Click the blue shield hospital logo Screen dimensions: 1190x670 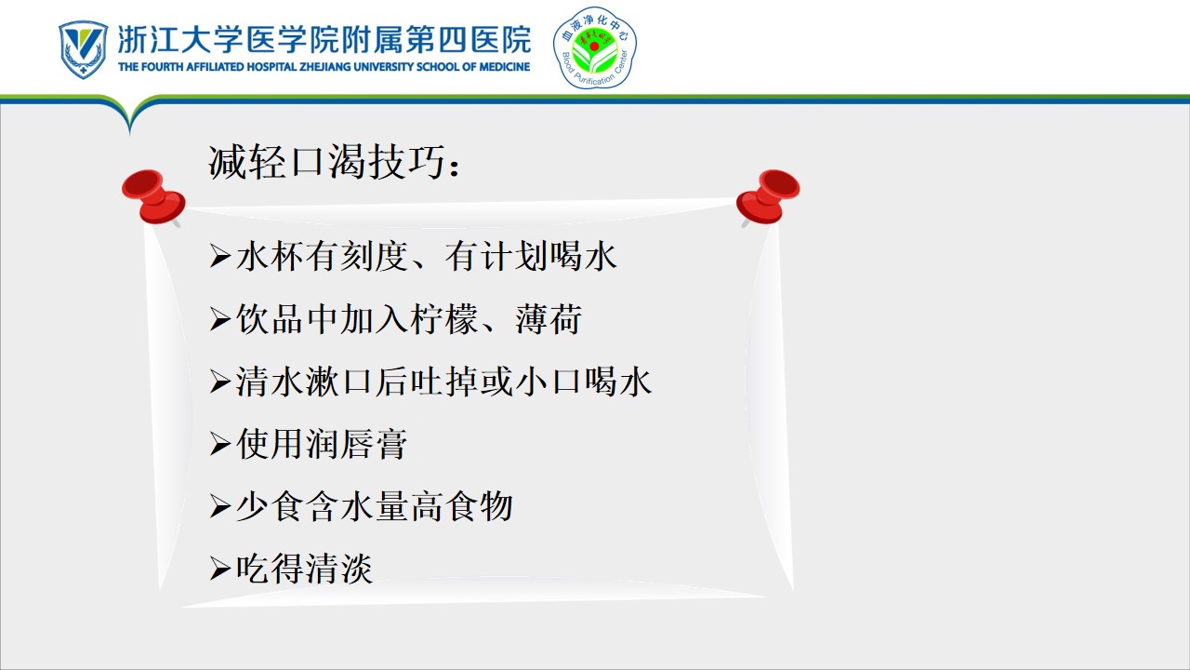point(83,49)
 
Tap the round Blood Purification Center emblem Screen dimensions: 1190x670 point(594,47)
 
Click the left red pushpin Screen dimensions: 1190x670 point(154,197)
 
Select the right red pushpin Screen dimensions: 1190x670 point(768,197)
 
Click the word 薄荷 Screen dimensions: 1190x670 point(549,319)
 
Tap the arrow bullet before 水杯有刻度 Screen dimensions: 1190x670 point(220,256)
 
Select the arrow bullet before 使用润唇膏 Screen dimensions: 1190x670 point(220,444)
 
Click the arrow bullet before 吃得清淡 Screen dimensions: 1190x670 point(220,569)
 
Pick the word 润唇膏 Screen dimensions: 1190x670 point(356,444)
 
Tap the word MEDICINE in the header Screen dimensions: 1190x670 point(504,67)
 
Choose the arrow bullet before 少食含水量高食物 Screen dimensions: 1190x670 point(220,506)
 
